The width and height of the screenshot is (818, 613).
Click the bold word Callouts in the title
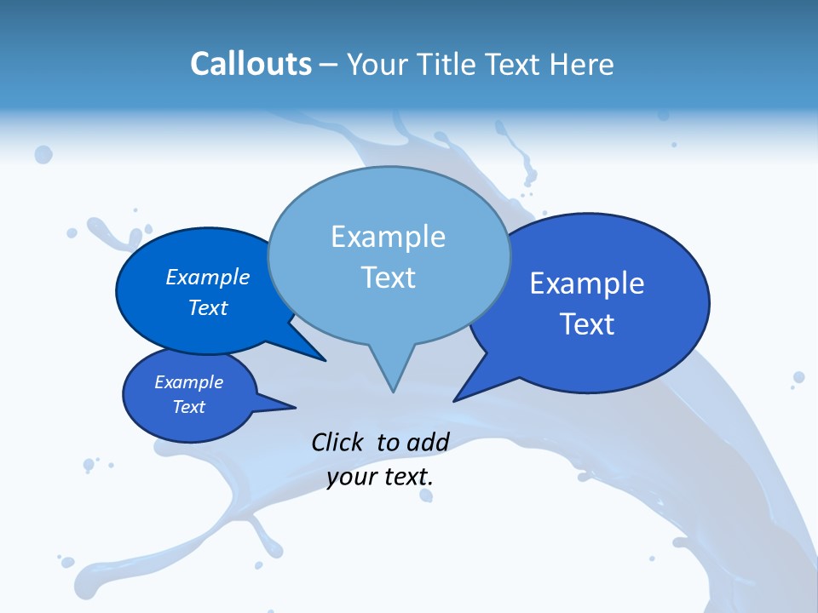tap(251, 64)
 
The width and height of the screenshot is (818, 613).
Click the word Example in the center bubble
tap(388, 237)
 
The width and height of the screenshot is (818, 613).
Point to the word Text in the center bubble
tap(388, 278)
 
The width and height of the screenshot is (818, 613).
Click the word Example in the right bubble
tap(587, 284)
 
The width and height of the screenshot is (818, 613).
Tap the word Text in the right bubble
tap(587, 324)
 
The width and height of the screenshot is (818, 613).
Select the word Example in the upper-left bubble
tap(208, 277)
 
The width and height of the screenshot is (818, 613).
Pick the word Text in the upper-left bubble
tap(208, 307)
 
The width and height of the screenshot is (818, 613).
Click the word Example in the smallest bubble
tap(189, 382)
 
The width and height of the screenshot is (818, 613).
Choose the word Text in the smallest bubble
tap(189, 407)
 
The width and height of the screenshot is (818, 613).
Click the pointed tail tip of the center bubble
tap(393, 391)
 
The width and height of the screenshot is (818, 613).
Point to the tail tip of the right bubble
tap(455, 399)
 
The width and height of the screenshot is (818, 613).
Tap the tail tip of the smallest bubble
tap(294, 407)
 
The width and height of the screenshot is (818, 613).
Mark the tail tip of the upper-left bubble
tap(325, 360)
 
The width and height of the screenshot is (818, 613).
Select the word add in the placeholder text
tap(428, 442)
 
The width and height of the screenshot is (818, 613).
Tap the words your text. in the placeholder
tap(380, 477)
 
